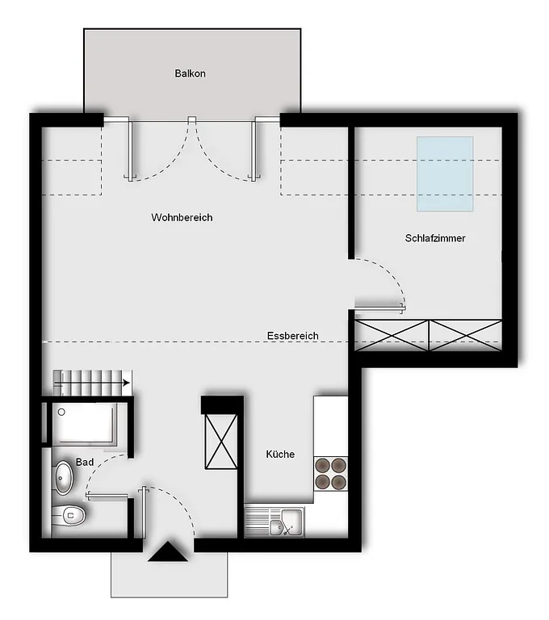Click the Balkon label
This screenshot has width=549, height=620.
click(x=190, y=73)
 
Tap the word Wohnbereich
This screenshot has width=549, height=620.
click(x=182, y=217)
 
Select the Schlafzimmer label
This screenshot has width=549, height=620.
click(x=435, y=238)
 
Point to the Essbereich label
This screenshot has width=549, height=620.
click(x=293, y=336)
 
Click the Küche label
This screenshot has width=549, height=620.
click(x=280, y=454)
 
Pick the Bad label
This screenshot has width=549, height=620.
click(x=85, y=463)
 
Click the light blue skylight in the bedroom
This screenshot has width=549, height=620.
click(x=445, y=174)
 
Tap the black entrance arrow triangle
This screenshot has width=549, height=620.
click(x=168, y=551)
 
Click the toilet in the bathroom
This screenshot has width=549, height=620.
click(x=69, y=515)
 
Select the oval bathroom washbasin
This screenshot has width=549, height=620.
click(x=63, y=478)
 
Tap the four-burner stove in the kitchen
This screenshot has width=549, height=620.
click(x=331, y=474)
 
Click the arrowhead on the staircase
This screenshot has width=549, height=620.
click(x=127, y=383)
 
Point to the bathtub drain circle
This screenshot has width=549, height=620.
click(x=61, y=412)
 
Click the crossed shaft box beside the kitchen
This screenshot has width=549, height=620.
click(x=221, y=442)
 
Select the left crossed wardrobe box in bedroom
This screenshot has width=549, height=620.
click(x=392, y=336)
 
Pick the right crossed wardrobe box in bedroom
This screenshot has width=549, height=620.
click(x=466, y=336)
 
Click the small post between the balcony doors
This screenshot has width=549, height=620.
click(x=192, y=119)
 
